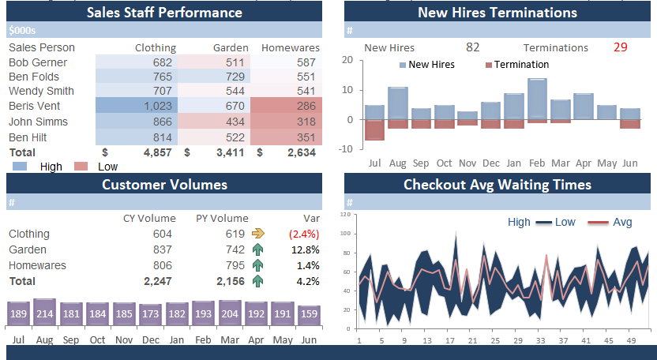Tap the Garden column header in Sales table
[x=231, y=48]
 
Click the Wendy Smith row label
[x=41, y=92]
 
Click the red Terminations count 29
[x=620, y=47]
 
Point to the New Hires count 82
[x=472, y=47]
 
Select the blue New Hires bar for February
[x=537, y=99]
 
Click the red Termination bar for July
[x=374, y=129]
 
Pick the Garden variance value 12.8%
[x=304, y=249]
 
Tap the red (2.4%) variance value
[x=304, y=234]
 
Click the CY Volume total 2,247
[x=157, y=281]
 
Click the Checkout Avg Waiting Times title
[x=497, y=185]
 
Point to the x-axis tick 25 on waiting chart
[x=495, y=340]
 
